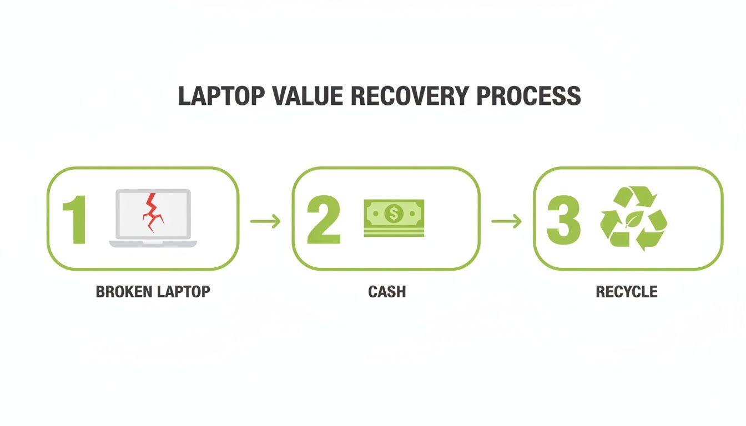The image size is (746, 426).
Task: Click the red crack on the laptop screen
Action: click(151, 213)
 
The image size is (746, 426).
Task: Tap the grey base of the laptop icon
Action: click(153, 244)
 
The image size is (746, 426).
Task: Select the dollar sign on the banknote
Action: click(394, 212)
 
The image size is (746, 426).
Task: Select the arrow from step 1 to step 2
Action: click(265, 222)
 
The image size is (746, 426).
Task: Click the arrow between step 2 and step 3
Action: click(506, 222)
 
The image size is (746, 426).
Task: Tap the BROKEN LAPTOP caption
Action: click(153, 292)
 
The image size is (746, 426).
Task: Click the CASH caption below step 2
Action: click(387, 292)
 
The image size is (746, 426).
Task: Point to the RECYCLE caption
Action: click(627, 292)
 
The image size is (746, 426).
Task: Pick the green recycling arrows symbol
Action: click(633, 218)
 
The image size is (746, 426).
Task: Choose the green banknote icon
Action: click(394, 218)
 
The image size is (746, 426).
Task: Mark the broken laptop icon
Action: click(153, 218)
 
